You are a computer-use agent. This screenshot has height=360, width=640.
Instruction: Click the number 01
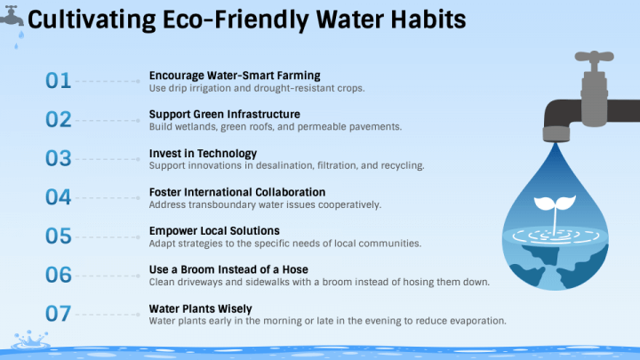[58, 81]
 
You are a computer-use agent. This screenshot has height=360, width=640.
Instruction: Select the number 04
[58, 197]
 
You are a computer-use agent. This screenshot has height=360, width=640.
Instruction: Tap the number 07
[58, 314]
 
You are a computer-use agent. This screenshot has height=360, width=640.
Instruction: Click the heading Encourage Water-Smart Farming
[235, 76]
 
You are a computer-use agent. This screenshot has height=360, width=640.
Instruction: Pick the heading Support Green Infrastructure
[224, 115]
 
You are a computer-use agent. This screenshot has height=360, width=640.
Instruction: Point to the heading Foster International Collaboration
[237, 192]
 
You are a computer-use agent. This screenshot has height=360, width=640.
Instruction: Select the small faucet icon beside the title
[12, 14]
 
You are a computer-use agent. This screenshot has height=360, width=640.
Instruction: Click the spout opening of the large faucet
[556, 134]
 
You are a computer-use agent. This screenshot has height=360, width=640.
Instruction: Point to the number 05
[58, 236]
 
